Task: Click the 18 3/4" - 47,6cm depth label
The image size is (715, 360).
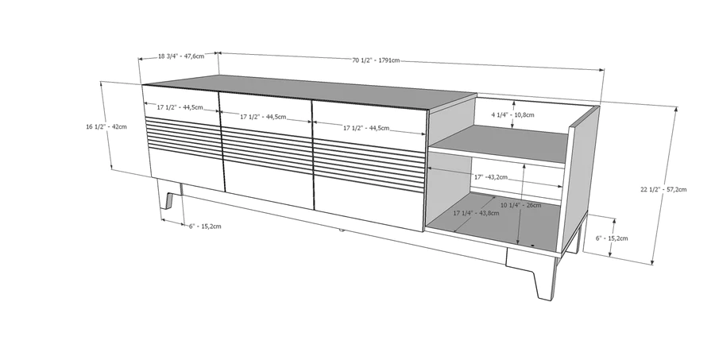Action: click(181, 56)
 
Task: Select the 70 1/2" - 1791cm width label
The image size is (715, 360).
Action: click(376, 60)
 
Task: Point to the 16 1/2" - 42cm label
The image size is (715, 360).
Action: click(106, 126)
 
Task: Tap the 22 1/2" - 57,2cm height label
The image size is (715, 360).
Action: click(663, 189)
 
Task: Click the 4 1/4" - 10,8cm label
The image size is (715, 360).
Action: click(512, 114)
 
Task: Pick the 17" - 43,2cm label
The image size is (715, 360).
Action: click(491, 177)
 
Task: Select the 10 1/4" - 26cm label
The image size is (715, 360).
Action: click(520, 205)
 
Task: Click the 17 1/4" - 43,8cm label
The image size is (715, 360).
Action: click(476, 213)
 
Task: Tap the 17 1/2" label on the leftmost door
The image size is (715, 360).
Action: click(168, 107)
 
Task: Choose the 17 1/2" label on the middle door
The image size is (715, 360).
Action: click(251, 117)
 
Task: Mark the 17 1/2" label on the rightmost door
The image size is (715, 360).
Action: click(354, 128)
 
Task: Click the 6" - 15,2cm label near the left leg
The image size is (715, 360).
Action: click(205, 226)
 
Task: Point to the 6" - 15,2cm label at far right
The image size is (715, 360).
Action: click(612, 238)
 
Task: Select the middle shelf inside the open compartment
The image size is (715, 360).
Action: click(499, 145)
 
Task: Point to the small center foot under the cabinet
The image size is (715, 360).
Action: click(341, 230)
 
